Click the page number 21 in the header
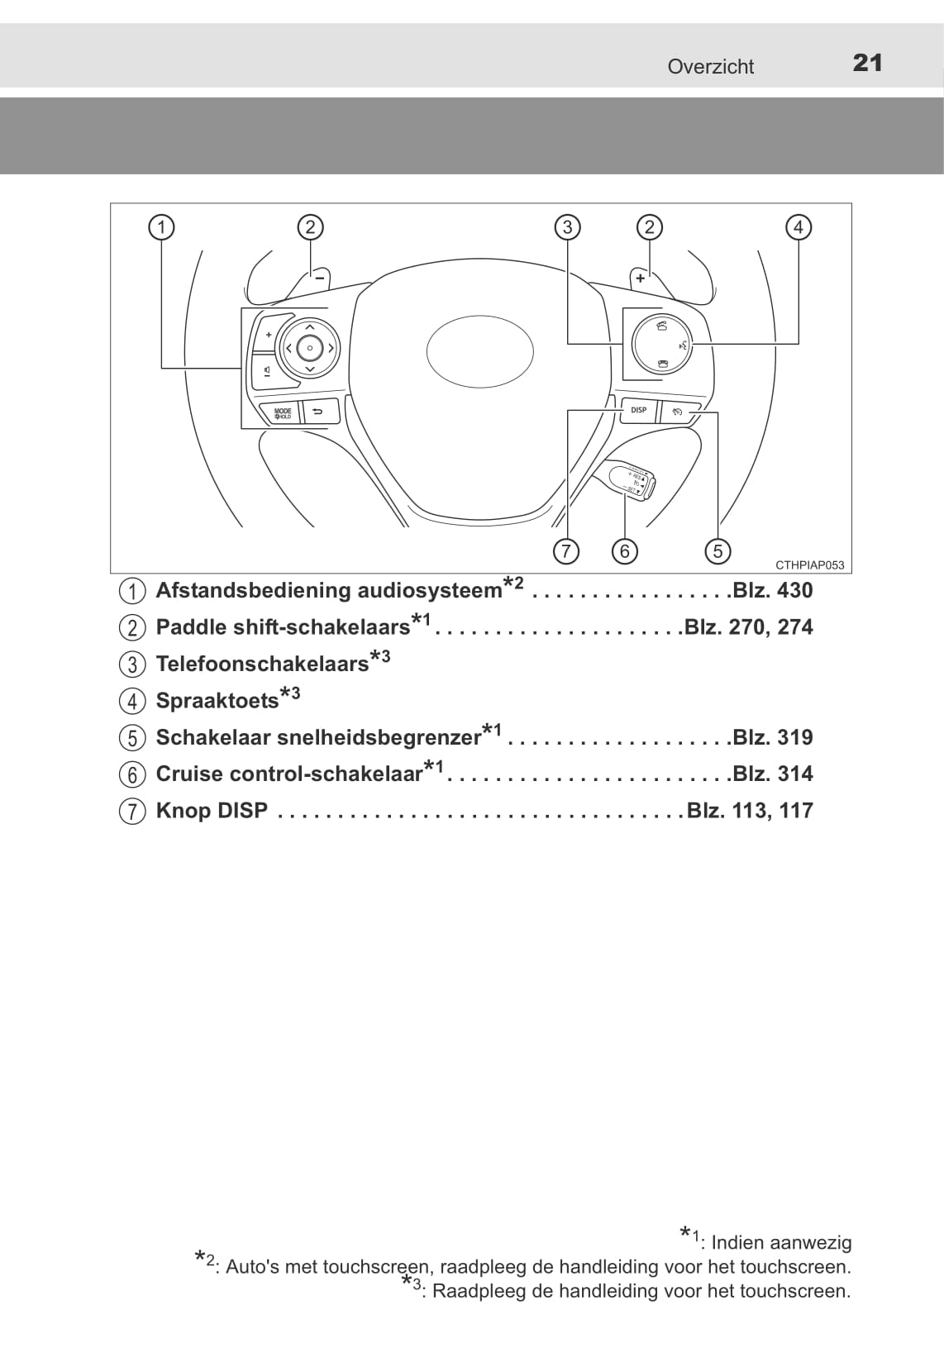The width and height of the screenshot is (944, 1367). pos(868,64)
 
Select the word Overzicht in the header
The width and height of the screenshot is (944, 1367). pos(710,66)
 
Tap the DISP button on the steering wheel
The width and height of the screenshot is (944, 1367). pos(638,410)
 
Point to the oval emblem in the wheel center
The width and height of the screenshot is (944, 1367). pos(479,351)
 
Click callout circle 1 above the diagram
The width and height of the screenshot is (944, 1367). pos(162,227)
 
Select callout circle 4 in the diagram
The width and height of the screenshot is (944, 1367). pos(799,227)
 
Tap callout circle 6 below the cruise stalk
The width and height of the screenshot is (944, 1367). pos(624,551)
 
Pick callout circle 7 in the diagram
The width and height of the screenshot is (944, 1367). pos(565,551)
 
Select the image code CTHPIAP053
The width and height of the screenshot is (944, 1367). pos(810,565)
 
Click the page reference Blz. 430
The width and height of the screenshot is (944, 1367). pos(773,590)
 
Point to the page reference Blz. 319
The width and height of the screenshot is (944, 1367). pos(773,737)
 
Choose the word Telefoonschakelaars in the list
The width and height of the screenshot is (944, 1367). pos(262,664)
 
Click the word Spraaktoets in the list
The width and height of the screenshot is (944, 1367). pos(217,701)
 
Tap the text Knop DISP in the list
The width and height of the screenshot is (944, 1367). pos(212,811)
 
